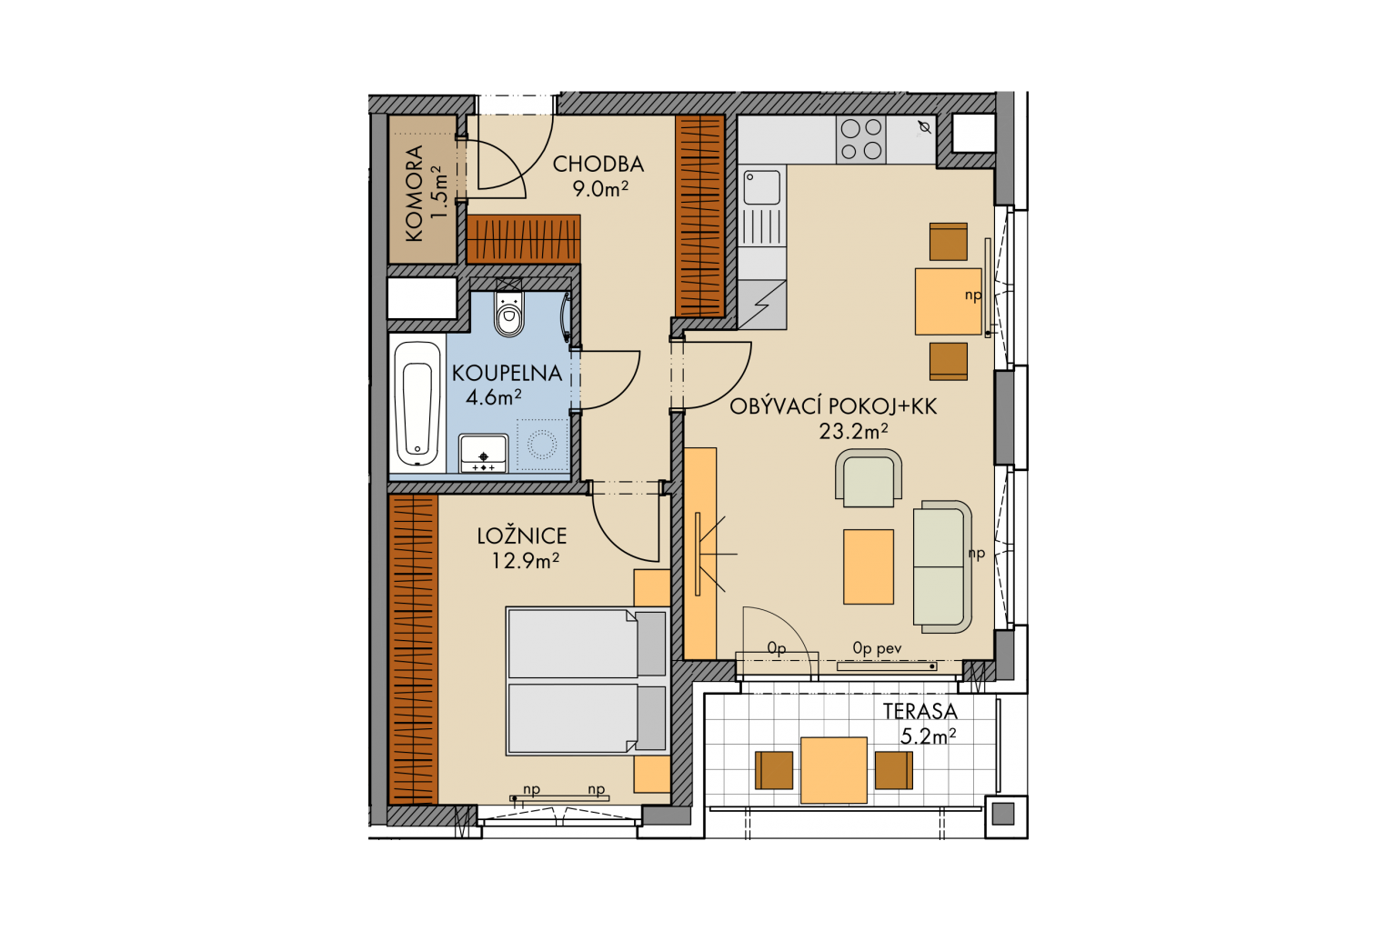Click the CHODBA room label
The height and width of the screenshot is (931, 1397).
tap(598, 164)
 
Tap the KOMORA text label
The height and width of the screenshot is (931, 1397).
tap(414, 194)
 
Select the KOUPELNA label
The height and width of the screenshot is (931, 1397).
tap(507, 373)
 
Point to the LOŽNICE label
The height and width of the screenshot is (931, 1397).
tap(522, 536)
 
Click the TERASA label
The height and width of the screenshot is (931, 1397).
tap(920, 712)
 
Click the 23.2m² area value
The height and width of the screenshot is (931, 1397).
tap(853, 431)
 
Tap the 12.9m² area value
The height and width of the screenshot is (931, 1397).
tap(525, 561)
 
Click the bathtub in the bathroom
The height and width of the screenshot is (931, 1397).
tap(417, 404)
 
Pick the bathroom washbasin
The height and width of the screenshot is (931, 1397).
tap(483, 454)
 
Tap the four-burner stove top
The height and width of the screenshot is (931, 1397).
tap(861, 140)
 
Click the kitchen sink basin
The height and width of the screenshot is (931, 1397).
tap(762, 187)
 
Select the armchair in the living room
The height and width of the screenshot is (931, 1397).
tap(869, 477)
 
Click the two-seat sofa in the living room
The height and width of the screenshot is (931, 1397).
tap(942, 566)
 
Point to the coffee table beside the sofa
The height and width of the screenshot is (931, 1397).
tap(869, 566)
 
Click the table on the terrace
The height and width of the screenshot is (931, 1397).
tap(834, 770)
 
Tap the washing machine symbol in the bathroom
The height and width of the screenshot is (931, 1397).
tap(542, 445)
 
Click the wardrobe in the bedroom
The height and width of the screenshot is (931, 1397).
tap(413, 649)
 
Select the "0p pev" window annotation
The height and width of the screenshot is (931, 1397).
tap(877, 648)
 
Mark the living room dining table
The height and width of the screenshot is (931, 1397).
tap(948, 302)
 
